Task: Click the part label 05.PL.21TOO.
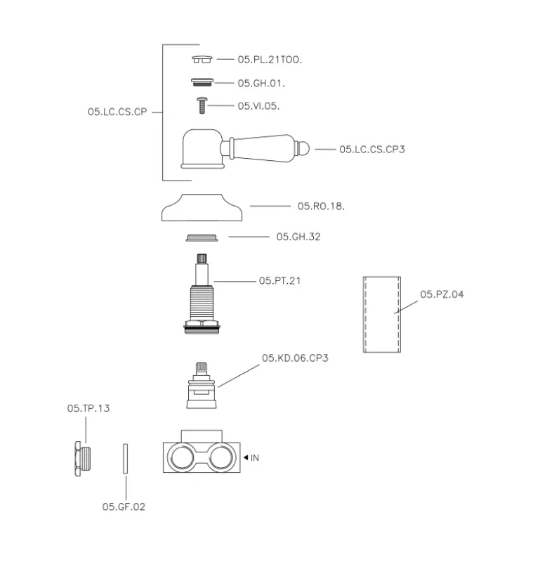pyautogui.click(x=270, y=60)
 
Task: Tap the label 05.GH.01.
pyautogui.click(x=261, y=84)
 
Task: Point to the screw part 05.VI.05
pyautogui.click(x=202, y=105)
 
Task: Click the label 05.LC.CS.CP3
pyautogui.click(x=371, y=150)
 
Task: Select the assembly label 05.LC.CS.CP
pyautogui.click(x=117, y=112)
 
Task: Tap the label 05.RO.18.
pyautogui.click(x=320, y=207)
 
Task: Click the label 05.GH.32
pyautogui.click(x=298, y=237)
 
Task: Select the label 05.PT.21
pyautogui.click(x=280, y=281)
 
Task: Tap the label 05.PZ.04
pyautogui.click(x=442, y=294)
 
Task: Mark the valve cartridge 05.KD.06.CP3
pyautogui.click(x=202, y=386)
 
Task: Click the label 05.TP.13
pyautogui.click(x=88, y=408)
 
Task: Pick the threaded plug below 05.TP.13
pyautogui.click(x=81, y=457)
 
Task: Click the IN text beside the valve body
pyautogui.click(x=255, y=458)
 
